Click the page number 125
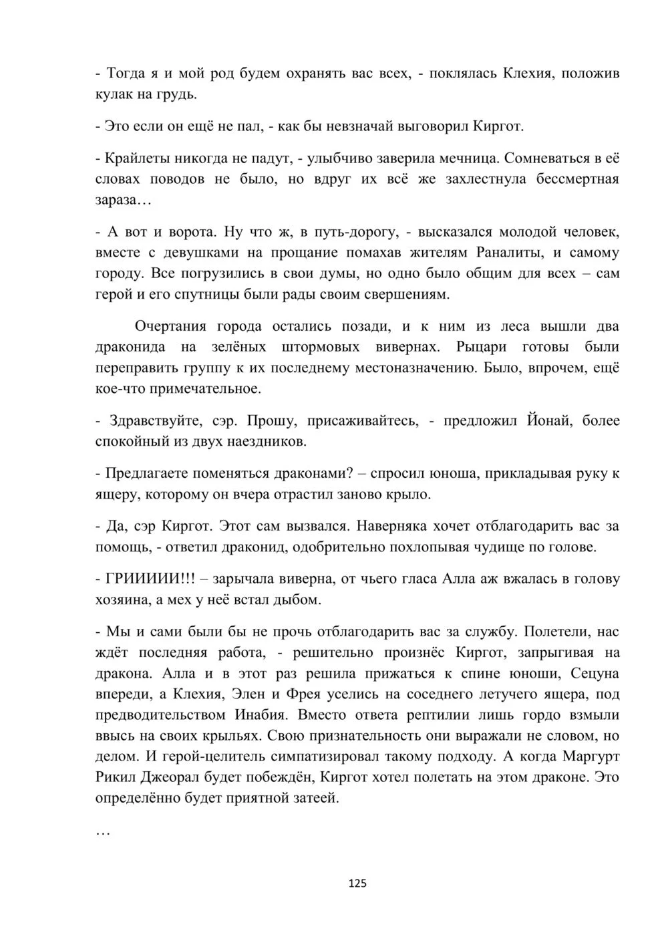click(x=358, y=884)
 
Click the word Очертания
click(x=171, y=327)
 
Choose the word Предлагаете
click(x=146, y=474)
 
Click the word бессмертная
click(x=577, y=179)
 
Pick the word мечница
click(x=464, y=159)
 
